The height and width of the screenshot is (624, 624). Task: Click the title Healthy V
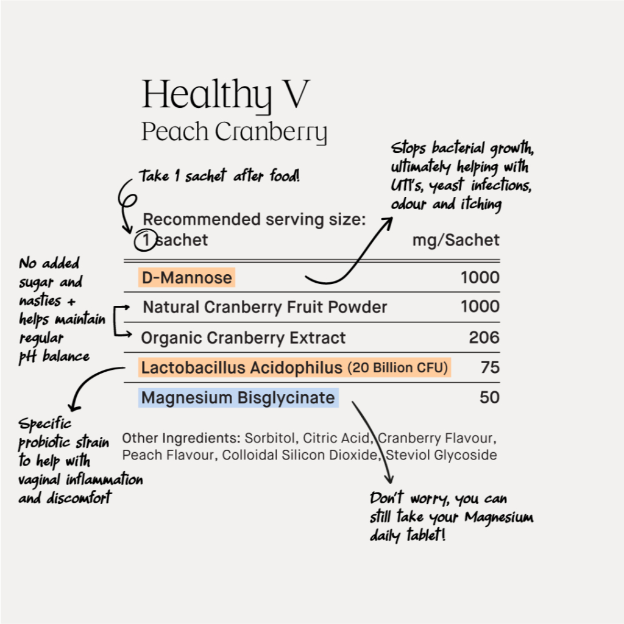(225, 95)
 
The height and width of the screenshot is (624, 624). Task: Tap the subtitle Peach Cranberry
(234, 132)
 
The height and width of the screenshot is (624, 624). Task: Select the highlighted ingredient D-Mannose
(186, 278)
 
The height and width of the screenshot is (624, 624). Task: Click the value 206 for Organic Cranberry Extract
(484, 338)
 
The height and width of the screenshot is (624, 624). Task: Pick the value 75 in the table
(490, 367)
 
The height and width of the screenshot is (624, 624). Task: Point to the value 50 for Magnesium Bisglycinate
(490, 398)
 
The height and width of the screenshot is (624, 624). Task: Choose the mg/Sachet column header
(456, 240)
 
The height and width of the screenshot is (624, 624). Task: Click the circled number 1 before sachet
(145, 240)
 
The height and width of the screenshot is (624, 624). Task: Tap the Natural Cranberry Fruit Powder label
(264, 307)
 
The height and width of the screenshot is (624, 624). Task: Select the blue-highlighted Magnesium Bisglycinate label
(238, 399)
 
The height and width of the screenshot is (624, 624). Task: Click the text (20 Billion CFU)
(397, 368)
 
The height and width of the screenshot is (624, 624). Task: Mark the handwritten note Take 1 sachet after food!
(219, 177)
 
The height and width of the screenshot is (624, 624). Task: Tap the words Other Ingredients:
(181, 438)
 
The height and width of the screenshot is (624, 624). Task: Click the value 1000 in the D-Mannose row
(480, 278)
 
